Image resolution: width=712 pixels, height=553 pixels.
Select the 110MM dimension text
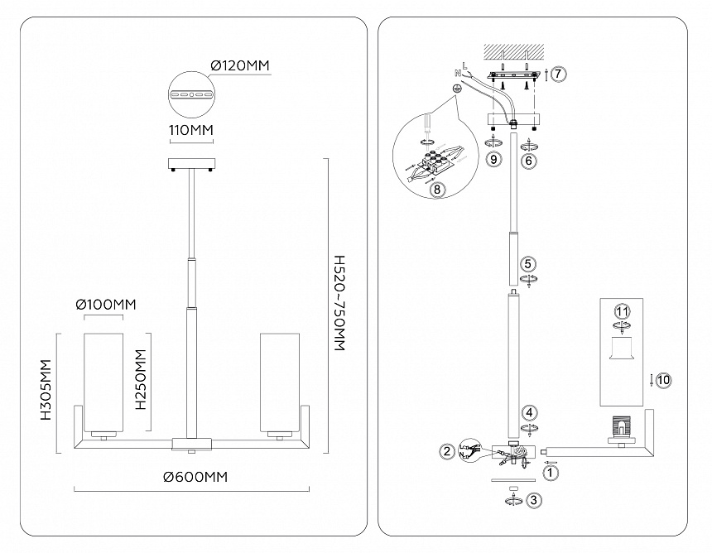[190, 132]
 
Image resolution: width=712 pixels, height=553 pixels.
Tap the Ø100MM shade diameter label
[105, 305]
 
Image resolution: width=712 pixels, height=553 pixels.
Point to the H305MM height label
[46, 392]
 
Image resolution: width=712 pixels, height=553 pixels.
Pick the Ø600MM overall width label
[195, 478]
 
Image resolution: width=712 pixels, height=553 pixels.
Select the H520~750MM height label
[337, 304]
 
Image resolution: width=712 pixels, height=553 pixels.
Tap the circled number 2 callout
[448, 451]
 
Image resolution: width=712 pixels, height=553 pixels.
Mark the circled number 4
[528, 411]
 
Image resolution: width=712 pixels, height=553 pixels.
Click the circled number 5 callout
[528, 265]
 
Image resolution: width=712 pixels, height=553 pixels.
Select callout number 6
[528, 161]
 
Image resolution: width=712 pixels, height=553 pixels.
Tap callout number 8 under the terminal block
[438, 189]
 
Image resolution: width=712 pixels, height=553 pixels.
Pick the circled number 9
[493, 160]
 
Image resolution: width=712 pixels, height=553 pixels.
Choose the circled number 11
[622, 311]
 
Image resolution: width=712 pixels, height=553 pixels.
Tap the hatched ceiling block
[513, 52]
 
